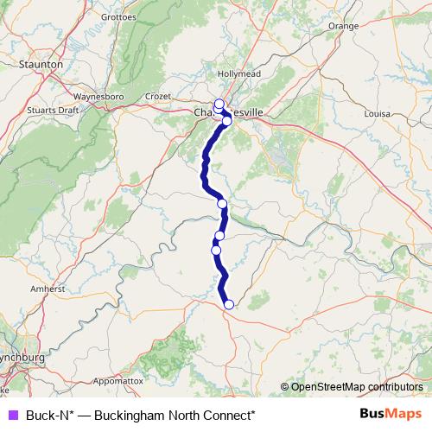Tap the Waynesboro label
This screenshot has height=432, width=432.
(101, 96)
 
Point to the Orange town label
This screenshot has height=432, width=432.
(342, 26)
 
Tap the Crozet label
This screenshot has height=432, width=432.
(159, 96)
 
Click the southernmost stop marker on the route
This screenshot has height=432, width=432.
(229, 304)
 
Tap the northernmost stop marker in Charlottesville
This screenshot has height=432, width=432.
(219, 105)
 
